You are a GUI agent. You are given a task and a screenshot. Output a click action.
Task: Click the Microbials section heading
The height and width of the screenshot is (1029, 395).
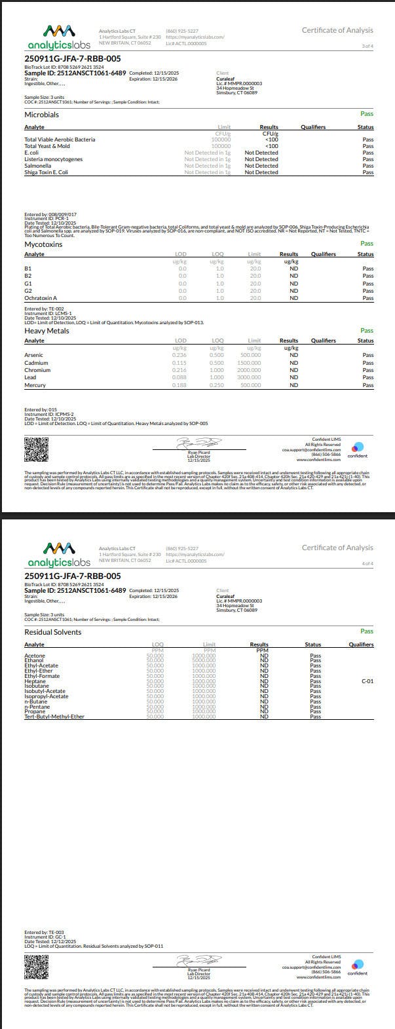tap(41, 115)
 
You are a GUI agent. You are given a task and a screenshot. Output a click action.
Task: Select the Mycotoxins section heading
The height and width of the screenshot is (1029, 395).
tap(43, 244)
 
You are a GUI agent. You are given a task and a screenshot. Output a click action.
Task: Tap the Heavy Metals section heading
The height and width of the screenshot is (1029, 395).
tap(47, 331)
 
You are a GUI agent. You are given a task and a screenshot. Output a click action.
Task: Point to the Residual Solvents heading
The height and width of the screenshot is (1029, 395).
tap(52, 632)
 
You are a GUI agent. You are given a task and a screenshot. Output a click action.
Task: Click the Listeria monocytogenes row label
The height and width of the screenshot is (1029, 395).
tap(54, 159)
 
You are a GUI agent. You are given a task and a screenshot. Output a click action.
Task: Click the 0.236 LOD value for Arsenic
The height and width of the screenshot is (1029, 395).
tap(179, 356)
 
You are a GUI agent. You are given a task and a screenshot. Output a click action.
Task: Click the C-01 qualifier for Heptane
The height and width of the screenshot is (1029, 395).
tap(367, 681)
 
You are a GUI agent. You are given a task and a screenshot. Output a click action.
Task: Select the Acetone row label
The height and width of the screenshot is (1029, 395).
tap(35, 656)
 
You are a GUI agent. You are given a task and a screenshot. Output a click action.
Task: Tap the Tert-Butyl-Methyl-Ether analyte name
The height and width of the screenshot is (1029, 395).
tap(54, 717)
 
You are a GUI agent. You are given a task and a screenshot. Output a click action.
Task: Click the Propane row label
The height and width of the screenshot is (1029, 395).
tap(35, 711)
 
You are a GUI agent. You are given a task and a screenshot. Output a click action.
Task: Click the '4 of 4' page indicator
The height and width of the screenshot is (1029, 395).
tap(367, 563)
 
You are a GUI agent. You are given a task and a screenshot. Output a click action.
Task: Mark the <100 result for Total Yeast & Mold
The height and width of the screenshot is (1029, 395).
tap(271, 146)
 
